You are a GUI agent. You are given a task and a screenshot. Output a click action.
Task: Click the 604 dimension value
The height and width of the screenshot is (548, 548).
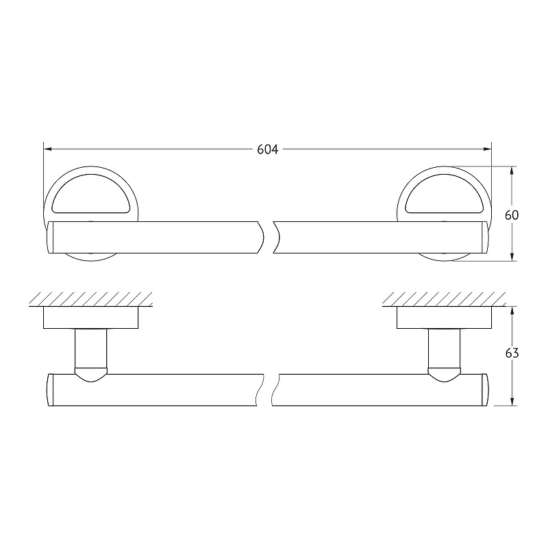[268, 149]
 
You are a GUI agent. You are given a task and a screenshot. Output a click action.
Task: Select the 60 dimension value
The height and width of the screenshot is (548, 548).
[512, 215]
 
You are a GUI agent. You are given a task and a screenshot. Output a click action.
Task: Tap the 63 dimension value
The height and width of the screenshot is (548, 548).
[512, 353]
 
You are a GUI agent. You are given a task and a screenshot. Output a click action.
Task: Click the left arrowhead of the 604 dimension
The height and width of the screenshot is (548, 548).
[47, 149]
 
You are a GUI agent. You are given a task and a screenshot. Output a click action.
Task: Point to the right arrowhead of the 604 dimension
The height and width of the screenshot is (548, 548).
[488, 149]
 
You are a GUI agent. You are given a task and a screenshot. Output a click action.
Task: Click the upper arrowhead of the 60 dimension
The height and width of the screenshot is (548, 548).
[512, 171]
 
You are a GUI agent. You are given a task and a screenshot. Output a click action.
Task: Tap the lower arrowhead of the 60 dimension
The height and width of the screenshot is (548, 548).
[512, 257]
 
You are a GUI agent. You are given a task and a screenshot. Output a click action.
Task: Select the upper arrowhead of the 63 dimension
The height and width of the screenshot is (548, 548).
[512, 311]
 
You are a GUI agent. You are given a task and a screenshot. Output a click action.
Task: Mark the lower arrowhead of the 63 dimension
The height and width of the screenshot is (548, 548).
[512, 401]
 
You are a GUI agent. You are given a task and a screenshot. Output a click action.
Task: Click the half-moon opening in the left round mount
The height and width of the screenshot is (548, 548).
[91, 196]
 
